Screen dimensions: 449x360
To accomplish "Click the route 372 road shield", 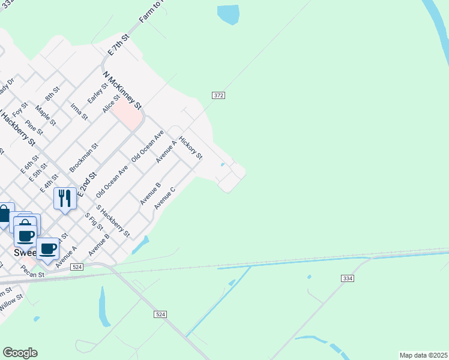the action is point(218,95).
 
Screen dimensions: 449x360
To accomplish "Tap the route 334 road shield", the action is point(347,278).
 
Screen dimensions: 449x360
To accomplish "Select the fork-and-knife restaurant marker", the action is point(65,198).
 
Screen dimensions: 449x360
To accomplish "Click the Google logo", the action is point(20,353).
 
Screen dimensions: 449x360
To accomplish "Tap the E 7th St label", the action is point(118,46).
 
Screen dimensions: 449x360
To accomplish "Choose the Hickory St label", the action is point(191,147).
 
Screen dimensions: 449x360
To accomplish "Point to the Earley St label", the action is point(97,93).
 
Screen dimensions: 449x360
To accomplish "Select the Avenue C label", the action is point(164,198).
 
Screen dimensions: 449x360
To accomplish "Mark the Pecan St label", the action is point(34,275).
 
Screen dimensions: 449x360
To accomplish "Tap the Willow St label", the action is point(11,302).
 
